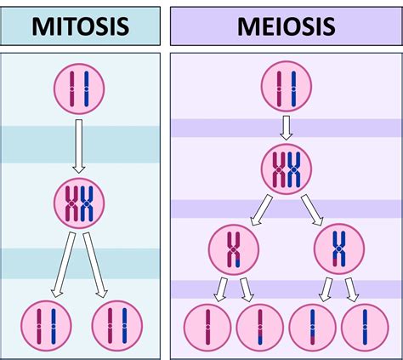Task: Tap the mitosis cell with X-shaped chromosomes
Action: tap(79, 202)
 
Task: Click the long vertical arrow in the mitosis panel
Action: tap(79, 145)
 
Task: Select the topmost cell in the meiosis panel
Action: tap(286, 89)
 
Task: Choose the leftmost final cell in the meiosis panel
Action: tap(207, 327)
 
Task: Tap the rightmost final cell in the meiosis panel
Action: tap(365, 327)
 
